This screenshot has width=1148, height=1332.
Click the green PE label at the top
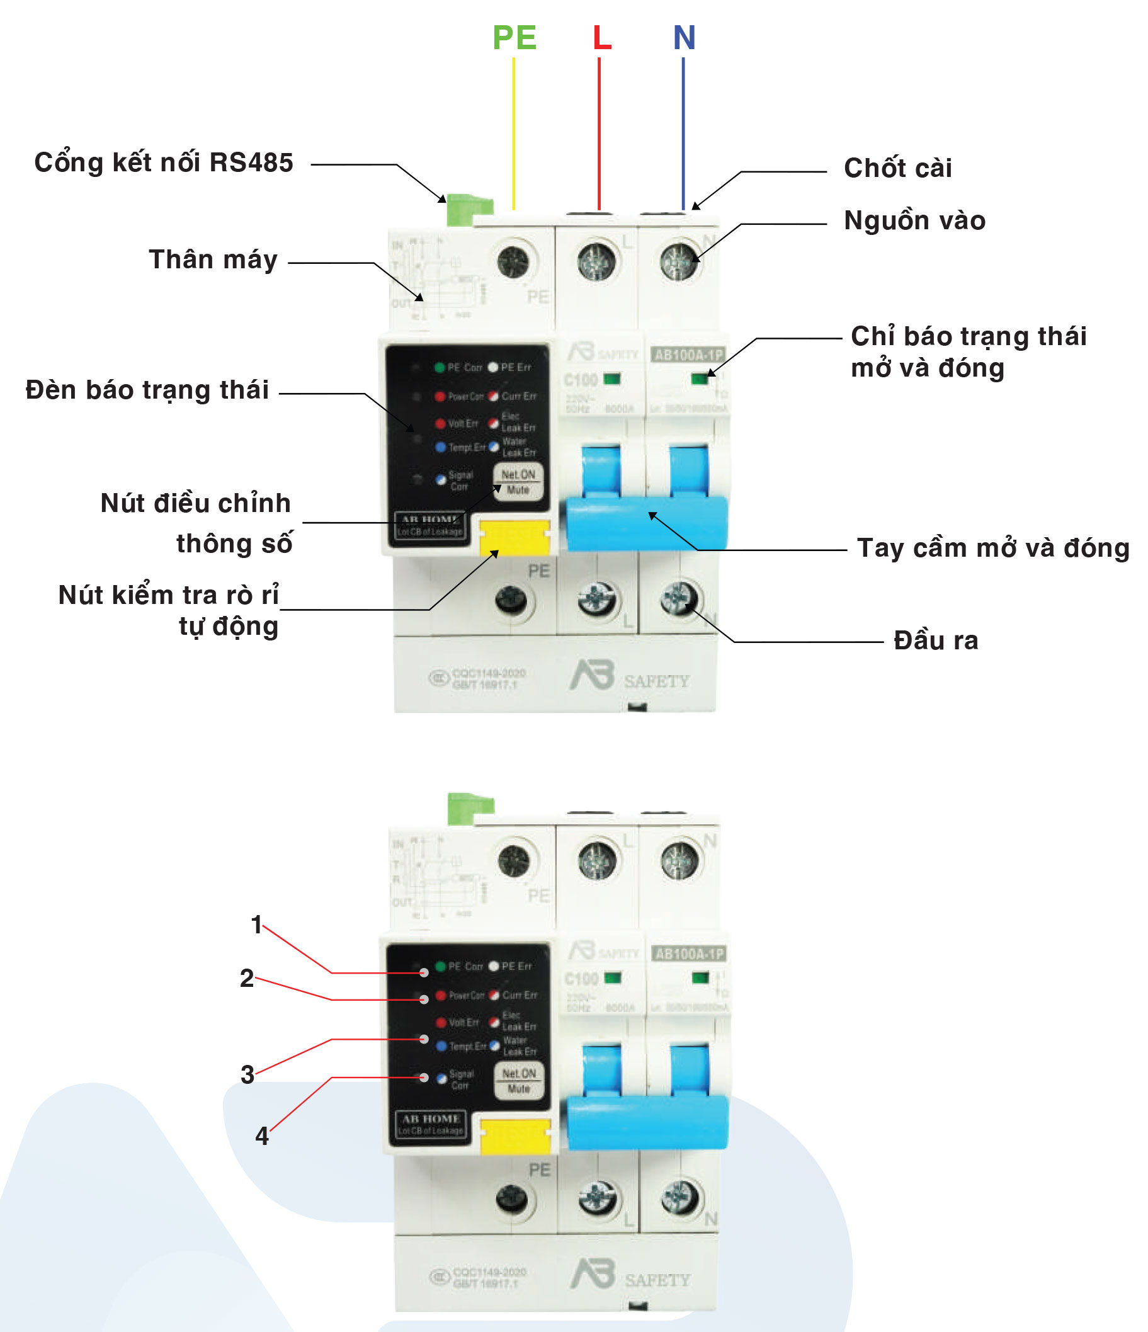click(x=514, y=37)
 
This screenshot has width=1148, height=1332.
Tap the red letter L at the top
click(x=601, y=37)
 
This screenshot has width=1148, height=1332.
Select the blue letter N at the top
click(x=684, y=37)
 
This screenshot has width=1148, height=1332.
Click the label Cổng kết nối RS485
click(x=163, y=162)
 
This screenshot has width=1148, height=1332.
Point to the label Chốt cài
click(x=897, y=168)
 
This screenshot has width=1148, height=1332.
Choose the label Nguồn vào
click(x=914, y=220)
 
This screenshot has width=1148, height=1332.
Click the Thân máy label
click(x=213, y=259)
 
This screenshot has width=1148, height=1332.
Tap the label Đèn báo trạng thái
click(x=147, y=390)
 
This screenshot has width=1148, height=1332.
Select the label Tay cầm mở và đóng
click(x=993, y=548)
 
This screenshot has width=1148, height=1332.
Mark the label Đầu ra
click(x=936, y=640)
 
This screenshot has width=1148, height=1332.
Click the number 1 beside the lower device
click(x=256, y=925)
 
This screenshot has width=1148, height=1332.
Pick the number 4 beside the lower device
click(x=261, y=1136)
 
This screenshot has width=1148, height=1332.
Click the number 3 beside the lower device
click(x=247, y=1074)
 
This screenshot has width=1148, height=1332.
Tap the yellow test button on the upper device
click(x=514, y=537)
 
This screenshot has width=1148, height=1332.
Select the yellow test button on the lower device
click(x=515, y=1136)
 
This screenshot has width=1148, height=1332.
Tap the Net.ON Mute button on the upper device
click(x=518, y=482)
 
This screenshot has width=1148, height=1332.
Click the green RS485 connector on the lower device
click(x=469, y=809)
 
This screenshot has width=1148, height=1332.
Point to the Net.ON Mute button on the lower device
click(x=519, y=1081)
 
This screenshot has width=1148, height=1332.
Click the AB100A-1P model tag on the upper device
click(x=688, y=355)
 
